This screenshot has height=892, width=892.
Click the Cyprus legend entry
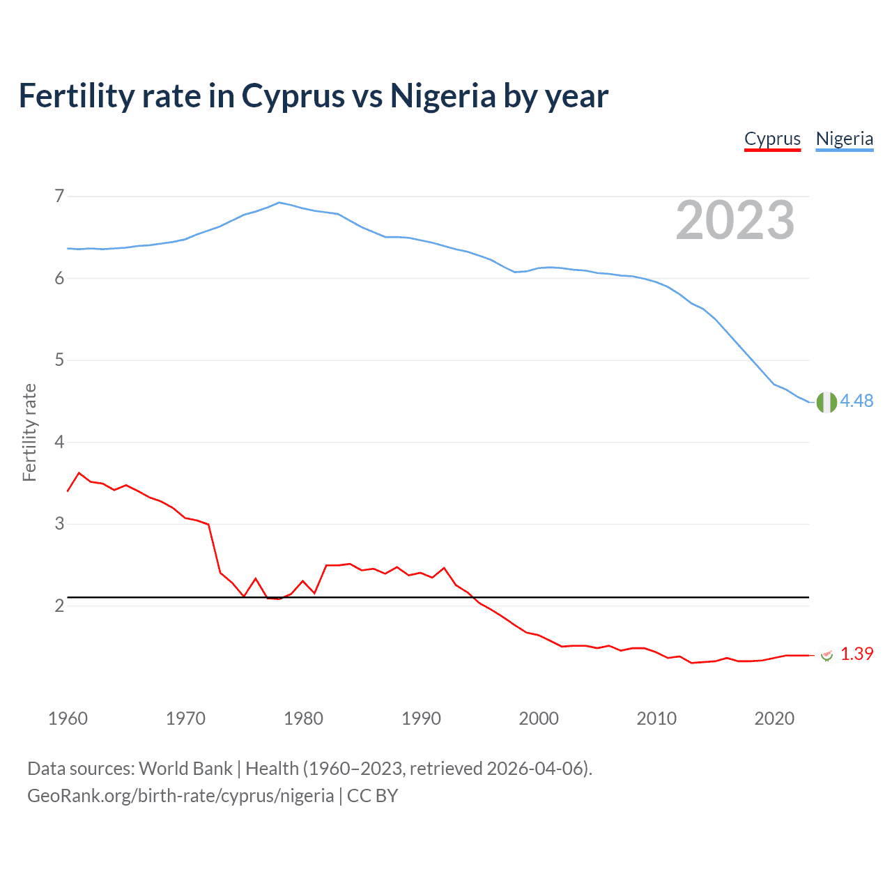772,139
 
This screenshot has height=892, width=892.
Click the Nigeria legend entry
844,139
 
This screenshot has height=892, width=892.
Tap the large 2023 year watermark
735,220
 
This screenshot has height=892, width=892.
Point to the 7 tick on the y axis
59,196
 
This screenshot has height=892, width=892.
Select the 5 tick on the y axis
59,360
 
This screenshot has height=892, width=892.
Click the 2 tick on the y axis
59,606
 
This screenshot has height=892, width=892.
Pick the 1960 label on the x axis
68,718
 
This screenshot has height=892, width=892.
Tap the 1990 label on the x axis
421,718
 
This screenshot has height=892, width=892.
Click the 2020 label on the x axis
774,718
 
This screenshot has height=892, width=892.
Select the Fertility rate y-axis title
29,432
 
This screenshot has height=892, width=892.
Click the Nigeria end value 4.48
856,401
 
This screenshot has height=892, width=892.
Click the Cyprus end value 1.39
856,654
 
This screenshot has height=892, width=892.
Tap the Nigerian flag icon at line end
826,402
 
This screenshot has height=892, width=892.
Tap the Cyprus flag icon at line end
826,655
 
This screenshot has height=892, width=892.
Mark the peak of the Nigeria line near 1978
279,203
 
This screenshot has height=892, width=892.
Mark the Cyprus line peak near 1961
79,472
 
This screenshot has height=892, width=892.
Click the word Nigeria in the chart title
443,95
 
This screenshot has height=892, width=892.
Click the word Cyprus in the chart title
293,95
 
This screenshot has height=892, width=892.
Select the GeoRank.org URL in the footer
180,796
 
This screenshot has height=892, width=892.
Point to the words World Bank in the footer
185,769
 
